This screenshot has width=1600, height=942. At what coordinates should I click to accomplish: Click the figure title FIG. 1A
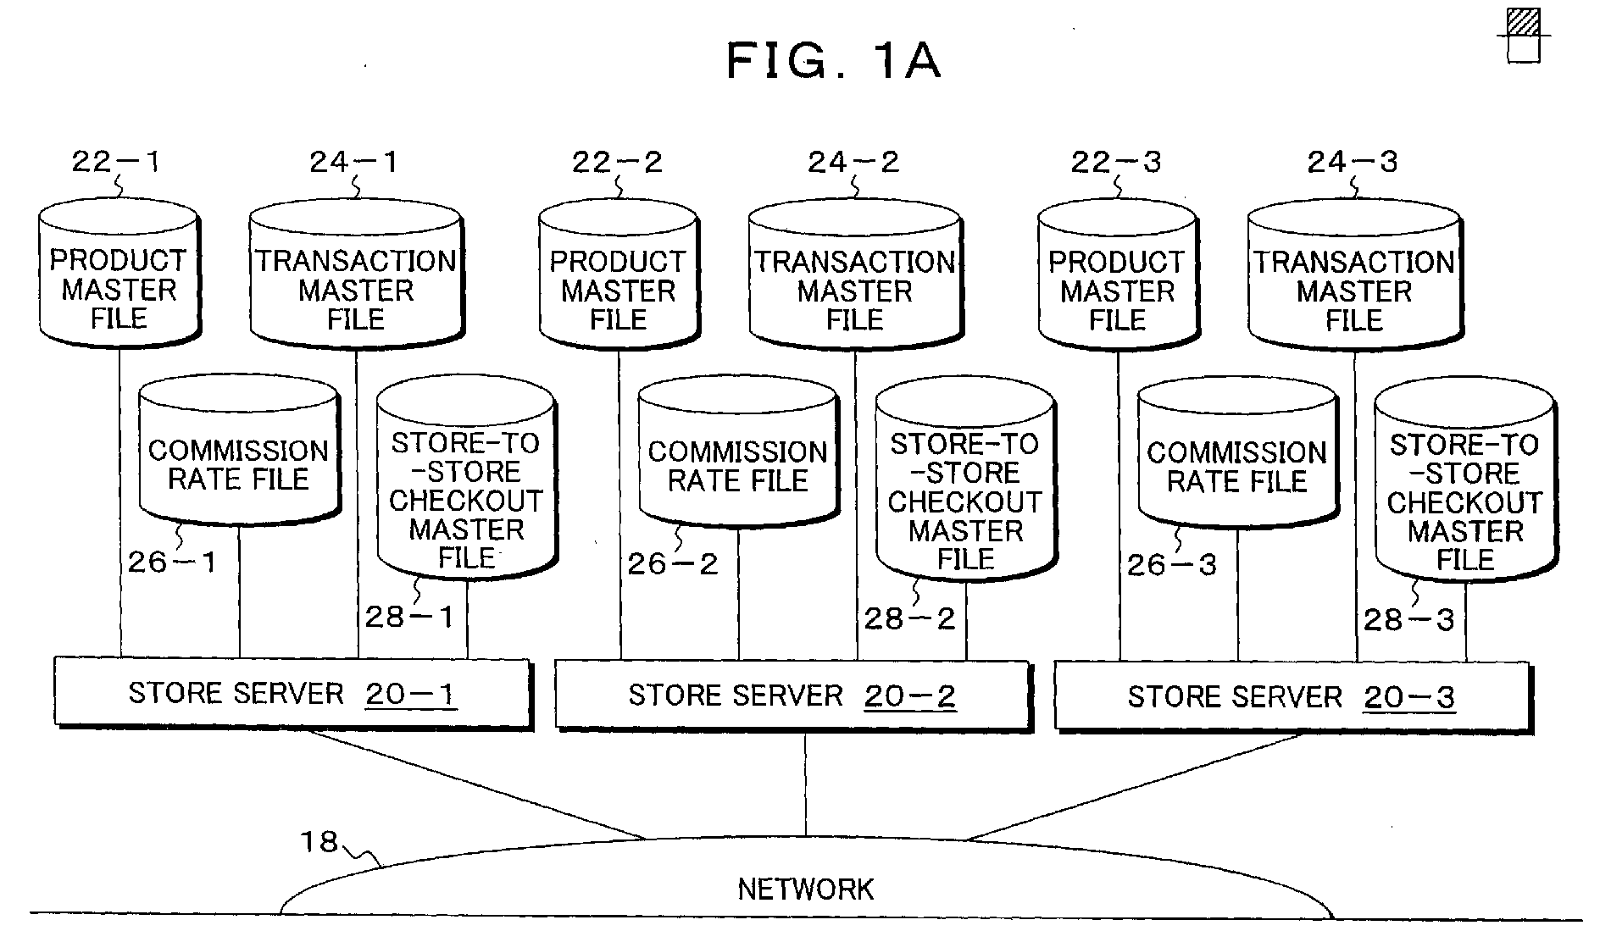click(834, 60)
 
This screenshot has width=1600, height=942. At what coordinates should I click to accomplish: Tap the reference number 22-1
click(115, 161)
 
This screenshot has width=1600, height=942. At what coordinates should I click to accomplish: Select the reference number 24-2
click(853, 161)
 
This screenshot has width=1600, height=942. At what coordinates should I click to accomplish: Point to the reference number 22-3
click(1115, 161)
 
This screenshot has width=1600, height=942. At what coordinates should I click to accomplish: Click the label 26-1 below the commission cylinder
click(172, 562)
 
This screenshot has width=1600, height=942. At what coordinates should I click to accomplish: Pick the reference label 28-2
click(909, 618)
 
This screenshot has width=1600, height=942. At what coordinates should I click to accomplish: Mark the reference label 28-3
click(1408, 619)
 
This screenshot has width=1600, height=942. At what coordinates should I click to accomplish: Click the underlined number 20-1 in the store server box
click(411, 695)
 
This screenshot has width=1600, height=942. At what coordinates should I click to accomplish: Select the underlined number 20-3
click(1409, 698)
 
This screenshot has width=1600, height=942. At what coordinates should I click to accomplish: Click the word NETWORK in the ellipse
click(805, 889)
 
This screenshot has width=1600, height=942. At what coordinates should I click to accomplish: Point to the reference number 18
click(319, 841)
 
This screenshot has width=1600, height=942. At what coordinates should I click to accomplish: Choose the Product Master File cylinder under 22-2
click(619, 274)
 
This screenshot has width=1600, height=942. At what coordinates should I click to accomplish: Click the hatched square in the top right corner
click(1524, 22)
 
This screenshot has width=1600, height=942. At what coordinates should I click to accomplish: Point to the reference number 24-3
click(1353, 161)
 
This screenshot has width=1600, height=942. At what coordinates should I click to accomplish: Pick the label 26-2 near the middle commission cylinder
click(672, 563)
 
